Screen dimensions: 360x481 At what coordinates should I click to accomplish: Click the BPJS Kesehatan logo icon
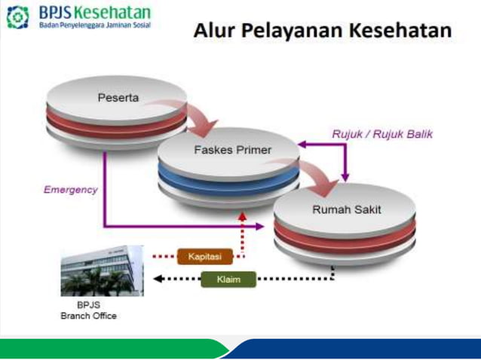click(x=15, y=17)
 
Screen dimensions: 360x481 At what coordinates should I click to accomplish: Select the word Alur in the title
click(x=212, y=31)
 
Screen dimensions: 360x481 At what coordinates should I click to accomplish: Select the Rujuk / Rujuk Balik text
click(x=382, y=134)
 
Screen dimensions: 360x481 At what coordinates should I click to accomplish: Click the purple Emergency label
click(x=70, y=190)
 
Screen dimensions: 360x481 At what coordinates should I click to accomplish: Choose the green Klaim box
click(x=228, y=279)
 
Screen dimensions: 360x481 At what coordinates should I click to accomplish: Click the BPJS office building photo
click(x=102, y=271)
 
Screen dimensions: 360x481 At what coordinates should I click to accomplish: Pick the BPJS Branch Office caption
click(x=88, y=310)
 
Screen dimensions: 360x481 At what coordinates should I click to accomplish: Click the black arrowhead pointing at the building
click(x=156, y=279)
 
